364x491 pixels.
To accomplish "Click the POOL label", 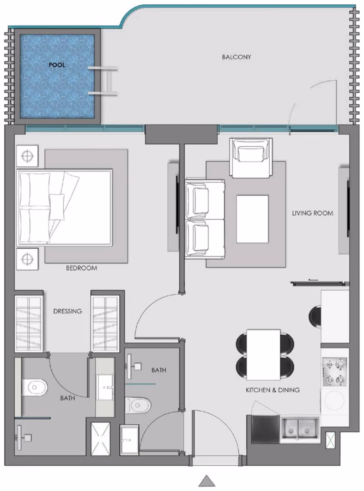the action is click(x=57, y=65).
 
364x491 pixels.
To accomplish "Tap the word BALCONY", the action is click(x=236, y=57).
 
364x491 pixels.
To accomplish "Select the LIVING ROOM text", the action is click(x=312, y=213).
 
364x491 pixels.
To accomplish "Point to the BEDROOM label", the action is click(x=81, y=268).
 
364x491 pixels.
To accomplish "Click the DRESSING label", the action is click(x=68, y=311).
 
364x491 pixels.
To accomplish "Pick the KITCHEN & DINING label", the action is click(x=273, y=390).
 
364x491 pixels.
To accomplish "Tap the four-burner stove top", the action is click(x=335, y=372).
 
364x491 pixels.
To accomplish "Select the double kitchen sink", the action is click(x=300, y=429).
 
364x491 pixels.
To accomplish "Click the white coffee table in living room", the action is click(x=252, y=219).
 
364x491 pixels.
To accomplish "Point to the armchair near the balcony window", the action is click(x=251, y=158).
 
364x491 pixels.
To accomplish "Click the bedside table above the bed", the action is click(x=27, y=156).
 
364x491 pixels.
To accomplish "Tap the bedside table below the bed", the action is click(x=27, y=259).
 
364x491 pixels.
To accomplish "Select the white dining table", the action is click(x=263, y=355).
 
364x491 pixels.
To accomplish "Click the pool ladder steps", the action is click(x=103, y=81).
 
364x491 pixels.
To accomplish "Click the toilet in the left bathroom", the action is click(x=34, y=387).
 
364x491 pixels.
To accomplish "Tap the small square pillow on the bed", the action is click(x=57, y=207).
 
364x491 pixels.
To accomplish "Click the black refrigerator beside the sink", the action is click(x=265, y=429).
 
